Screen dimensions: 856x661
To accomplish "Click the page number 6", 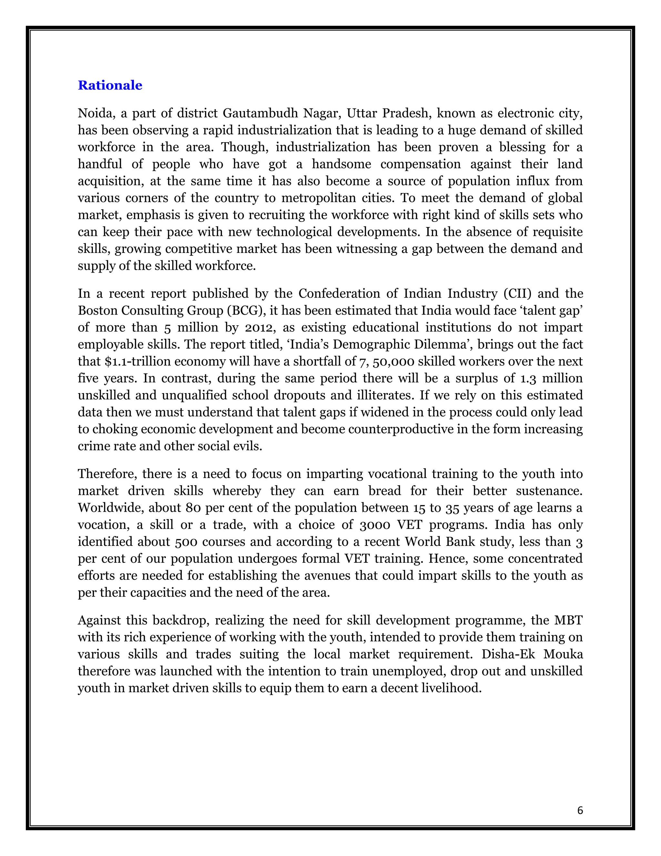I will pos(580,810).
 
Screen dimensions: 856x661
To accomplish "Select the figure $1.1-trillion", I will pos(134,361).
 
